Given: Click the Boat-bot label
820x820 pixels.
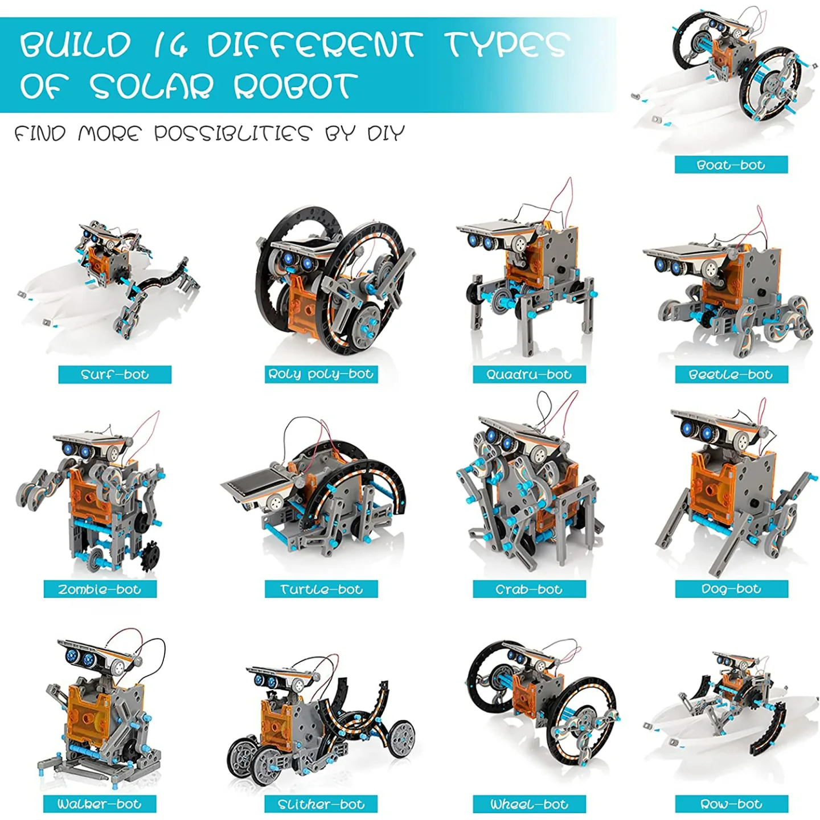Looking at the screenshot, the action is [x=731, y=165].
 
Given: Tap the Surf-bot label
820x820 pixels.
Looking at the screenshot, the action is [x=115, y=375].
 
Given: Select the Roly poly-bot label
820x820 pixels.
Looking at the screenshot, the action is [x=321, y=374].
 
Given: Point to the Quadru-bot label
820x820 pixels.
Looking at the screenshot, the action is [x=529, y=375].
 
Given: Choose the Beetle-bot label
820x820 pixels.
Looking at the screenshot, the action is [x=731, y=375].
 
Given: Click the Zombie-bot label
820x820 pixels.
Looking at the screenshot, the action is [x=100, y=589].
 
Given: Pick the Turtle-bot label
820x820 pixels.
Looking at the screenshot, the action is [x=321, y=589].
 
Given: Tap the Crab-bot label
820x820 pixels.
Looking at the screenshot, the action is [x=529, y=589].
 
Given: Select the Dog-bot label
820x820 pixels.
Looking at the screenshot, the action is [x=731, y=588].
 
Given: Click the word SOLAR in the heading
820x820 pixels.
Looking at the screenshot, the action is [x=151, y=87].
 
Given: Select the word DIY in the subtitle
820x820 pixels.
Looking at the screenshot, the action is [x=386, y=133].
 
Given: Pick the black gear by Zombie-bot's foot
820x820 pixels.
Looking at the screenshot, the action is [x=149, y=555].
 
